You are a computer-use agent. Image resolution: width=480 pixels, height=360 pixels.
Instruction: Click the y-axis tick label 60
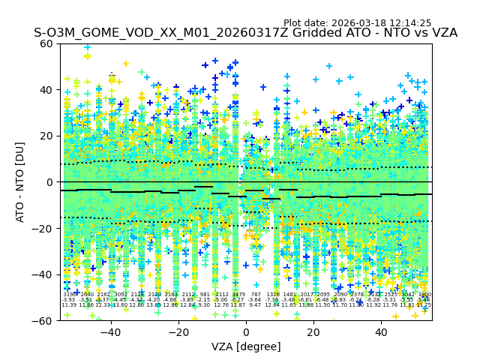click(x=46, y=43)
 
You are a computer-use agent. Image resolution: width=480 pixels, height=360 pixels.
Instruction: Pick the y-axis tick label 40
click(x=46, y=90)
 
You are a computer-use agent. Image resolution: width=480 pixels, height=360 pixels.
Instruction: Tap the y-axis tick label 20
click(x=46, y=136)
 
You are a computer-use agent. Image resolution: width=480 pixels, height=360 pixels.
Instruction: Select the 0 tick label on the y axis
click(x=49, y=182)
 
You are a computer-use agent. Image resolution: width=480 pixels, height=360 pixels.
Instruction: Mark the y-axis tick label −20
click(x=43, y=229)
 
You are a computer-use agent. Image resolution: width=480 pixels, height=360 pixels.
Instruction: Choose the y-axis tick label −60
click(x=43, y=321)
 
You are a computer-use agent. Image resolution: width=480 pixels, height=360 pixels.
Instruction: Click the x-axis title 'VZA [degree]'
click(x=246, y=346)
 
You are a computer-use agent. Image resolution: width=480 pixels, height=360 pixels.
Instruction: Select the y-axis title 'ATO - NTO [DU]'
click(x=21, y=182)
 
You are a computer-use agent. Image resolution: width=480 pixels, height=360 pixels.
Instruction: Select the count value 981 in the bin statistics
click(x=205, y=295)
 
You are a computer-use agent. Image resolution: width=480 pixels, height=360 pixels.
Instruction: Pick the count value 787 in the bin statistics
click(x=256, y=295)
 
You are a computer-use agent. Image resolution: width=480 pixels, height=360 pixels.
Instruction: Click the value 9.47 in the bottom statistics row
click(x=256, y=305)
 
